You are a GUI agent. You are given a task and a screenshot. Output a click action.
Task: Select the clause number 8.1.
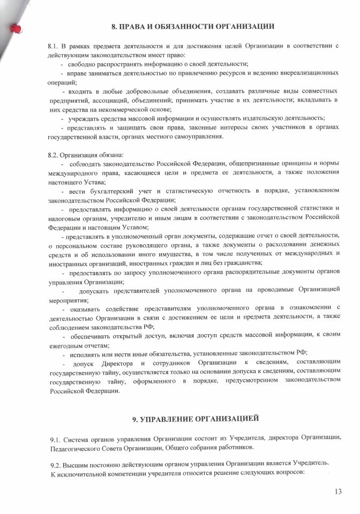tap(54, 47)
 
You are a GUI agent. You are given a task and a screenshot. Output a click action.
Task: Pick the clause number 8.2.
tap(54, 155)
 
